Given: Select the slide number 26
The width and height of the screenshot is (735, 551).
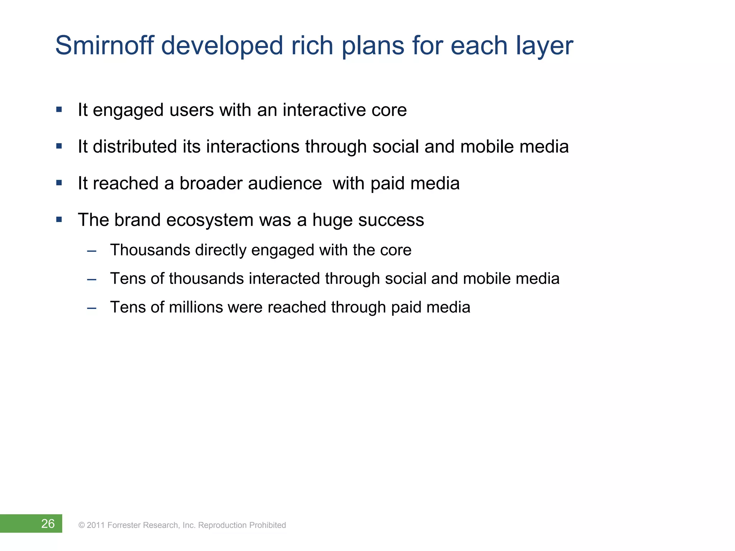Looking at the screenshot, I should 48,524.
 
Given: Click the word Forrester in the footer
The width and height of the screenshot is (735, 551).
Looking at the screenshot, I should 124,525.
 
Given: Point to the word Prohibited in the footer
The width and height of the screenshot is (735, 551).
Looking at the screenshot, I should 267,525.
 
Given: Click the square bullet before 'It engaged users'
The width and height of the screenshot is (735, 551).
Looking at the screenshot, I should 59,109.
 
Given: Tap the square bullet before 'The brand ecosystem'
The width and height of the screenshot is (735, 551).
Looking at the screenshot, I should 59,219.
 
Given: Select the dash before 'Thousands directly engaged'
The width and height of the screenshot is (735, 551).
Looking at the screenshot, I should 92,251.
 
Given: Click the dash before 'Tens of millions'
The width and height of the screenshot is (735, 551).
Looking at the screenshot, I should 92,308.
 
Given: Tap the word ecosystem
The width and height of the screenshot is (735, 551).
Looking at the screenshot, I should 210,220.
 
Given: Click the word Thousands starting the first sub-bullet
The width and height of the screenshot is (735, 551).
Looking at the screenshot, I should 150,250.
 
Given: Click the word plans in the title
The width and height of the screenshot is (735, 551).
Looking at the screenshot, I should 373,47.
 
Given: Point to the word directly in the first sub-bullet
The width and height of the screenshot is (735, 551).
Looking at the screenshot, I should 220,250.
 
